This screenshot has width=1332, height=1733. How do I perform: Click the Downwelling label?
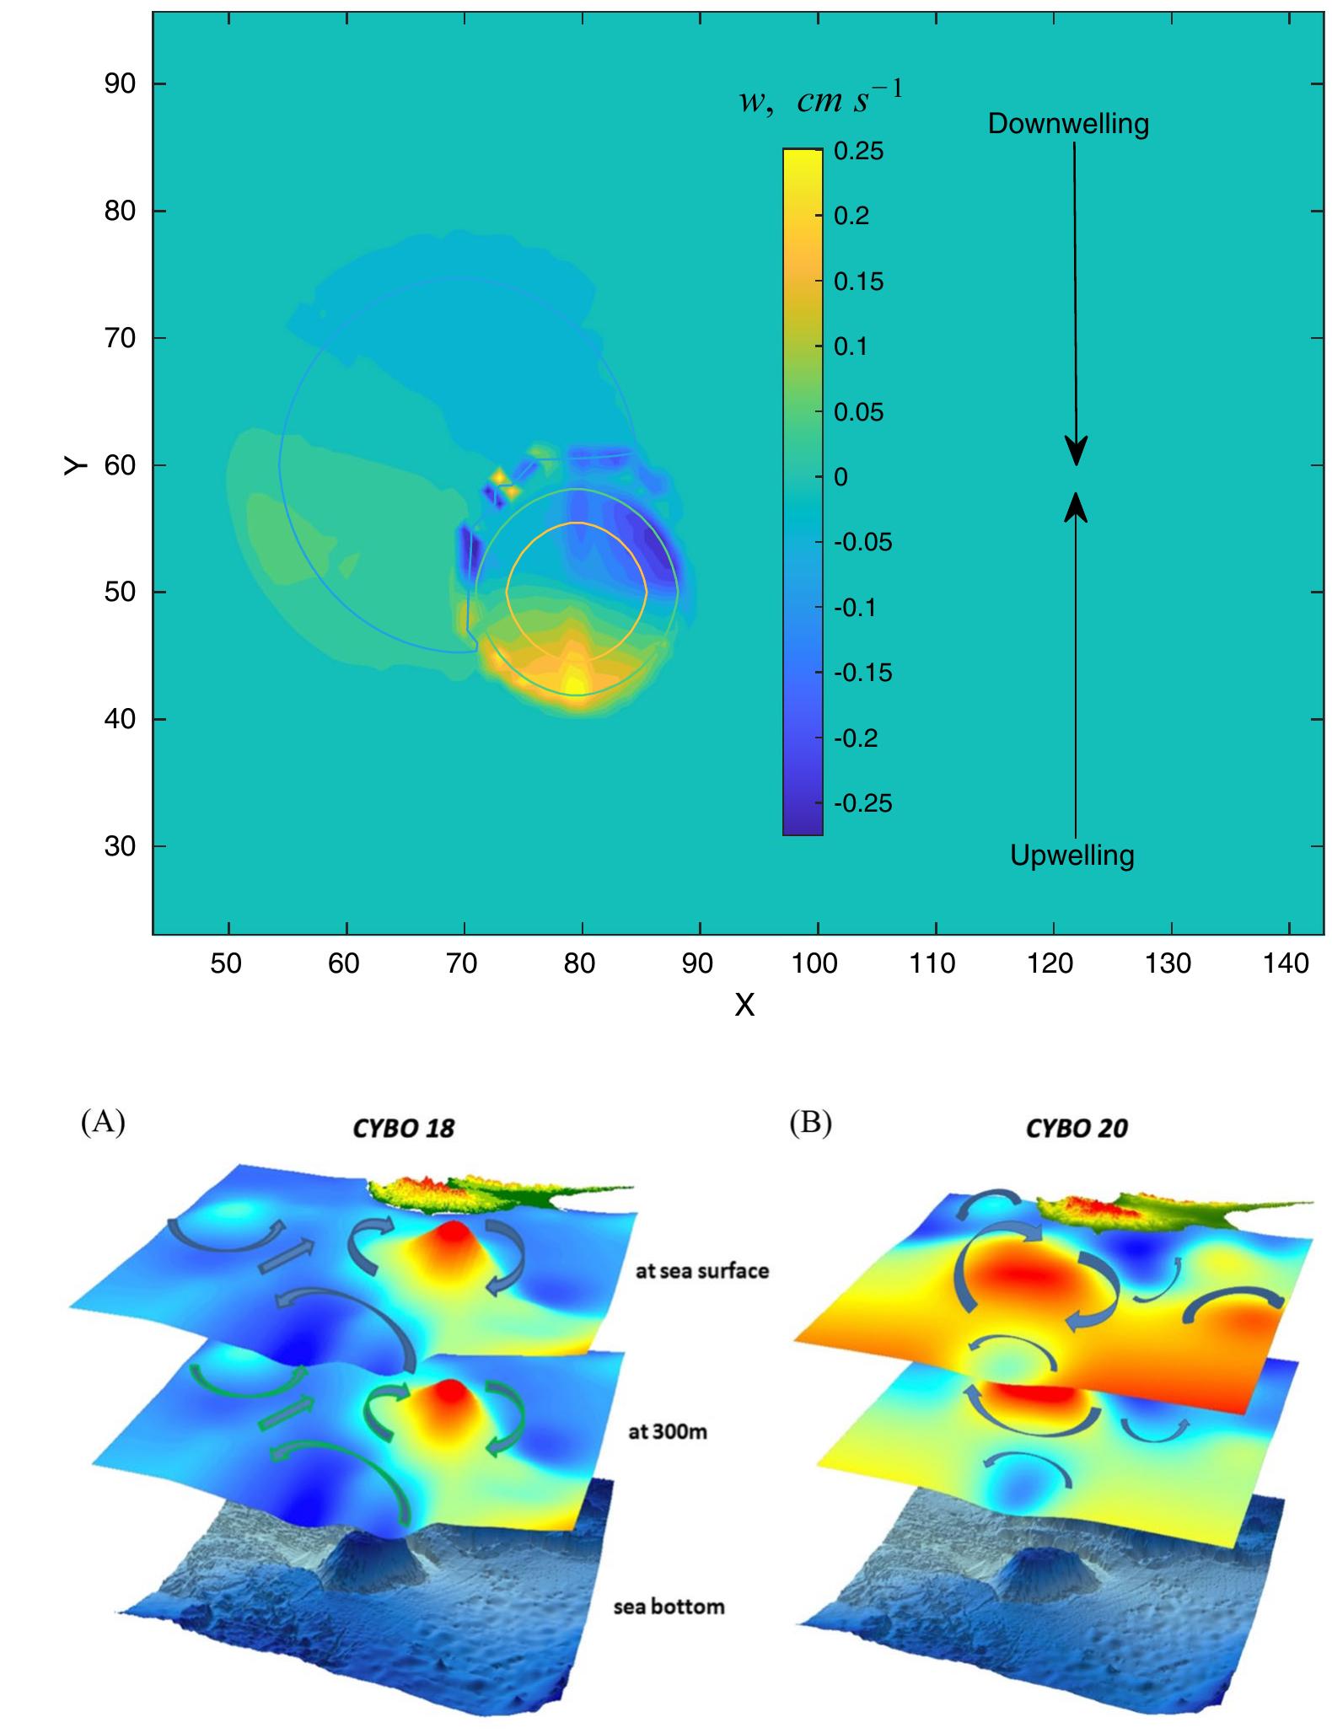tap(1068, 124)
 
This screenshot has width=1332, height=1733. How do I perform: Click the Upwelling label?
tap(1072, 856)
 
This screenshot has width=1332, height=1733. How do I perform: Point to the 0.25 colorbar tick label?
tap(858, 152)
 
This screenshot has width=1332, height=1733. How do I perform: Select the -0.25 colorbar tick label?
tap(862, 803)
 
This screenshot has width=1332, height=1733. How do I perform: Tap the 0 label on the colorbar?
tap(840, 477)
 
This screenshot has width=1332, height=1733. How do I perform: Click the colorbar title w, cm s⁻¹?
tap(820, 99)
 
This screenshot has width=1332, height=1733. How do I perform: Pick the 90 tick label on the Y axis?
tap(121, 84)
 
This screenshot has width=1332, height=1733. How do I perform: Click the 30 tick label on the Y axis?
tap(121, 846)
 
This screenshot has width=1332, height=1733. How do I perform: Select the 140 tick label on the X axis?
tap(1286, 963)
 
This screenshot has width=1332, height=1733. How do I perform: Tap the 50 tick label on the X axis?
tap(226, 963)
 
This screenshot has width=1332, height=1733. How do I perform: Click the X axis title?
tap(744, 1005)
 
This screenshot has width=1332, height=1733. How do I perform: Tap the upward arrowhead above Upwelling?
tap(1076, 507)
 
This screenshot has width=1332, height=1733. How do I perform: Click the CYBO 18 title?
tap(403, 1129)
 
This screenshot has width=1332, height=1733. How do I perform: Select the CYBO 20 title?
tap(1077, 1129)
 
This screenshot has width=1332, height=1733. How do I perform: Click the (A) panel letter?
tap(103, 1123)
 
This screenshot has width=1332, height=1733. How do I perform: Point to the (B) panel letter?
tap(810, 1124)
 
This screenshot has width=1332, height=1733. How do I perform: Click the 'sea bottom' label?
tap(669, 1607)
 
